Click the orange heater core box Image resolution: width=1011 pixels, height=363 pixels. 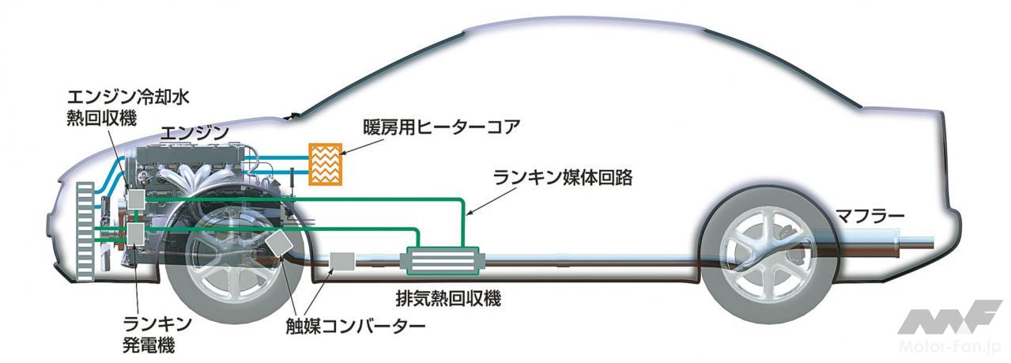click(325, 163)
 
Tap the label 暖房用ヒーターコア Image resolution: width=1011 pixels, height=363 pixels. click(430, 127)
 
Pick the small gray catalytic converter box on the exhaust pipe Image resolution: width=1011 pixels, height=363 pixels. click(341, 261)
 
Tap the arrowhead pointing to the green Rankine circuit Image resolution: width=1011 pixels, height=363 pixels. click(468, 214)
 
